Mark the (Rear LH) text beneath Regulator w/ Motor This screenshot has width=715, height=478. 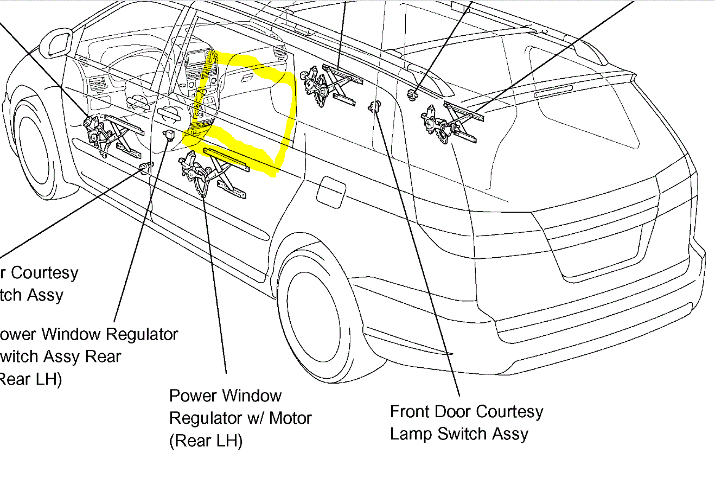pyautogui.click(x=206, y=441)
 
